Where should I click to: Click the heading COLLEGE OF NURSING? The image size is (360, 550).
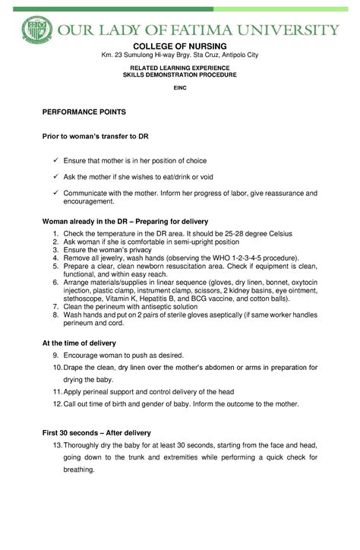tap(179, 46)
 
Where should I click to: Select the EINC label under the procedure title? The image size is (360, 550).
tap(179, 88)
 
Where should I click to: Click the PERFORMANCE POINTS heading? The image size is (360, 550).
tap(84, 112)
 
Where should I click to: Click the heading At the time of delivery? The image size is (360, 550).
tap(79, 343)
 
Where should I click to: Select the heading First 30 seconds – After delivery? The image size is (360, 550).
tap(96, 432)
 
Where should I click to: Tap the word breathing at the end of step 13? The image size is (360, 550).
tap(78, 469)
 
